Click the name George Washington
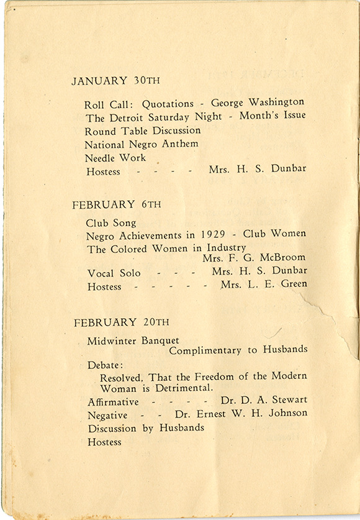[258, 102]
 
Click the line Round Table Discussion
[143, 130]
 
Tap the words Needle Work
[115, 158]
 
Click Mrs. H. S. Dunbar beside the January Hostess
[258, 168]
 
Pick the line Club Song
[111, 222]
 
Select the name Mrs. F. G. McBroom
[254, 258]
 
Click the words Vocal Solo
[114, 273]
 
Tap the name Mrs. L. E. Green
[263, 284]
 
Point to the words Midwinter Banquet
[133, 340]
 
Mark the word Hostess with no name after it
[104, 442]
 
